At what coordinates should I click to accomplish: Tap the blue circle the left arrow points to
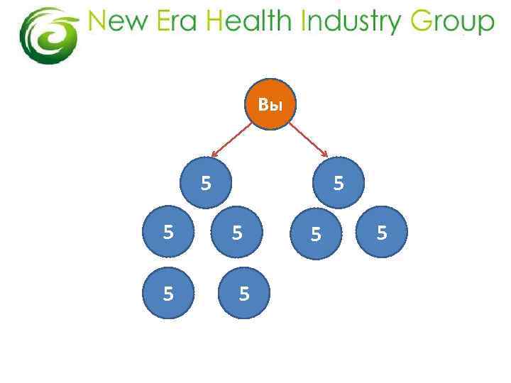pyautogui.click(x=207, y=182)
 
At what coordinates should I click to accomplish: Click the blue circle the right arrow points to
pyautogui.click(x=339, y=182)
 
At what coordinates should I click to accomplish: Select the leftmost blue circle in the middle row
pyautogui.click(x=168, y=231)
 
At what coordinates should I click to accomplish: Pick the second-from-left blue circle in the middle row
pyautogui.click(x=238, y=232)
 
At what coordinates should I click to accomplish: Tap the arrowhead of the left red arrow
pyautogui.click(x=215, y=154)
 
